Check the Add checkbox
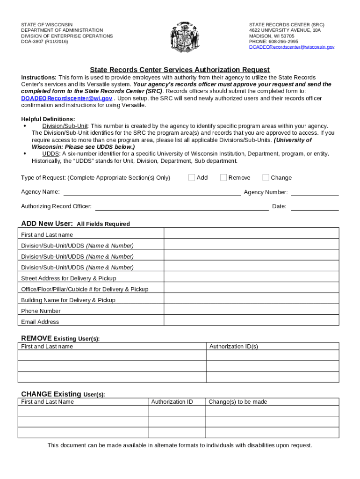(x=192, y=178)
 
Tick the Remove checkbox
(x=223, y=178)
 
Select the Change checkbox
(x=266, y=178)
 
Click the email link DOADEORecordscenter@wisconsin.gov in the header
(x=291, y=47)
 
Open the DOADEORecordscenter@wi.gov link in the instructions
(x=67, y=99)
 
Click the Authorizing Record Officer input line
(x=182, y=207)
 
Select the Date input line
(x=315, y=207)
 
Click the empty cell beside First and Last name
(x=251, y=233)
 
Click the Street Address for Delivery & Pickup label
(x=69, y=278)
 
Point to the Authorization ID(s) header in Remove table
(x=233, y=347)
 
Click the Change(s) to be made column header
(x=238, y=402)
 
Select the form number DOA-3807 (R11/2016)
(x=44, y=42)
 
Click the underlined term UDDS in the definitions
(x=50, y=154)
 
